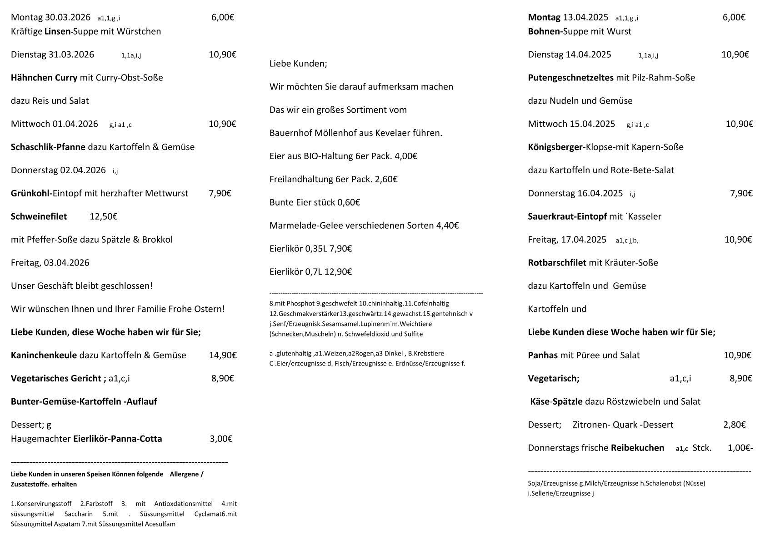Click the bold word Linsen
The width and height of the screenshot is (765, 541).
[x=57, y=31]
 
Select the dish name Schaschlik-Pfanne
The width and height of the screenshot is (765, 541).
[x=48, y=147]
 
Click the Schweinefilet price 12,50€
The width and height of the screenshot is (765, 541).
[x=104, y=216]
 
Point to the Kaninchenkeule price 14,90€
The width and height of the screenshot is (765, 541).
[x=223, y=355]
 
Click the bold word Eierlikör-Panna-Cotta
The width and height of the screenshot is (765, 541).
[x=117, y=439]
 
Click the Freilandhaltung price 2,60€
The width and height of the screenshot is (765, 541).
[x=386, y=179]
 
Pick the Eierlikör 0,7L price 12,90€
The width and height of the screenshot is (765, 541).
[x=338, y=272]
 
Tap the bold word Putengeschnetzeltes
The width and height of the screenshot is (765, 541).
[x=570, y=77]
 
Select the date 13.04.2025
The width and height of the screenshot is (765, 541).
[x=585, y=17]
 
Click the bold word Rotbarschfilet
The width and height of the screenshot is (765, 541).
[x=557, y=263]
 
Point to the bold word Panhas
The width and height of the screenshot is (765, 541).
[x=543, y=355]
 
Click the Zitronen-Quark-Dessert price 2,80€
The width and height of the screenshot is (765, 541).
[x=735, y=425]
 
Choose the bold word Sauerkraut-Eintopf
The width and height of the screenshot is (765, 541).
[x=567, y=216]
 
